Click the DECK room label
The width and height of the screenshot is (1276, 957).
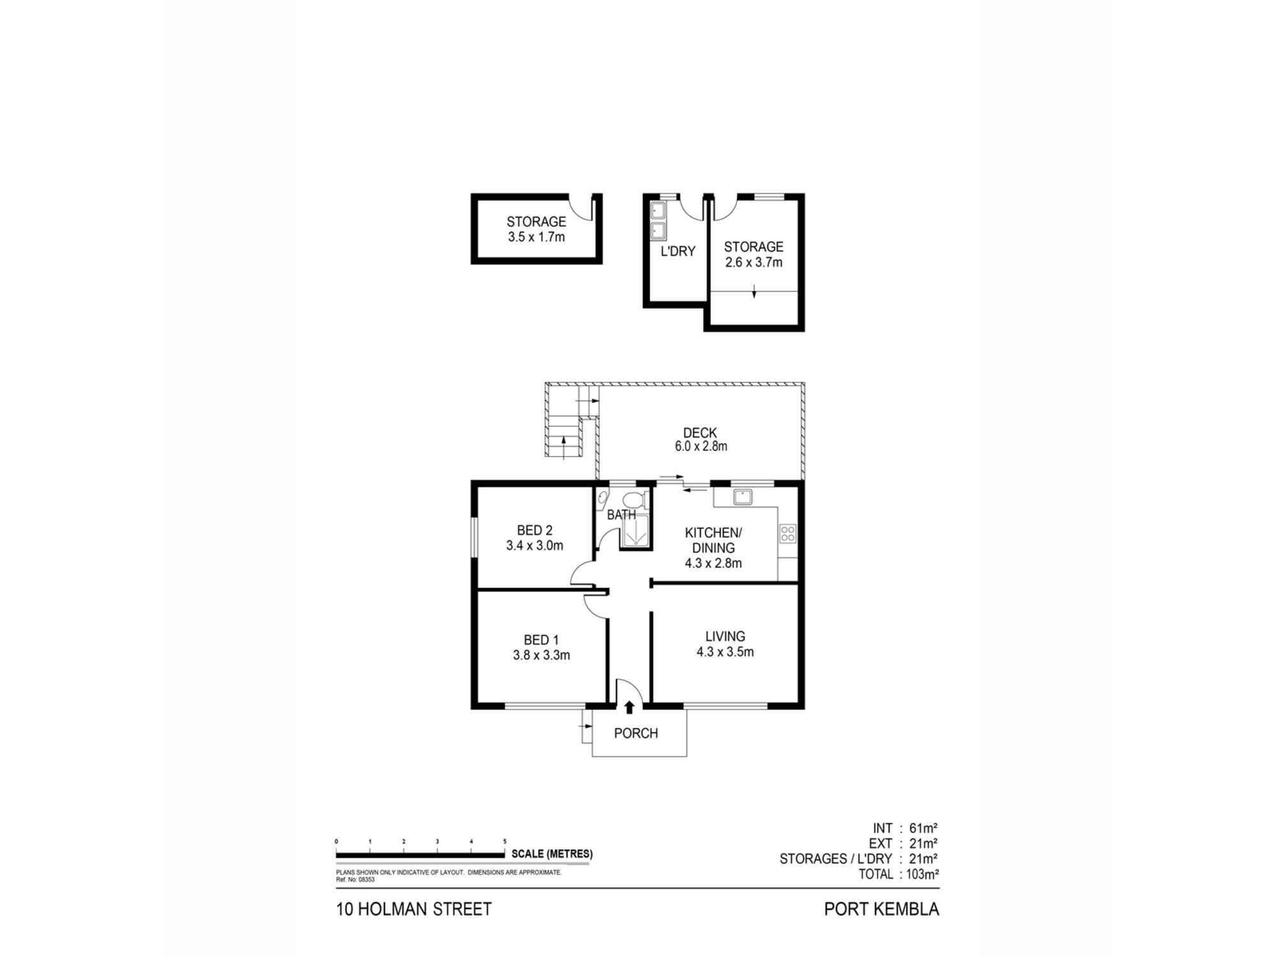click(x=700, y=433)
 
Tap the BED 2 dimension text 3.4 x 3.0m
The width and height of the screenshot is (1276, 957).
click(x=535, y=545)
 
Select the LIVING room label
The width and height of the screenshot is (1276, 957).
click(x=725, y=636)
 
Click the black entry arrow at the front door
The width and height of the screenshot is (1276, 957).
click(x=629, y=707)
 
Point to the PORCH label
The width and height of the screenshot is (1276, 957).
click(x=635, y=733)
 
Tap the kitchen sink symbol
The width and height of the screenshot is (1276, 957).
click(x=743, y=496)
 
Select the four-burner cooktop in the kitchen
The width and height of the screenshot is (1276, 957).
click(x=788, y=533)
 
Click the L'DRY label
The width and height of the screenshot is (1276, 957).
click(x=678, y=251)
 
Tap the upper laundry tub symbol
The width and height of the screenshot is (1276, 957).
click(x=658, y=210)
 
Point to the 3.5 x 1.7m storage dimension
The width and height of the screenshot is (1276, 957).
click(x=536, y=237)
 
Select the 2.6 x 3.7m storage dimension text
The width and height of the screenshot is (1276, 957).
click(x=753, y=262)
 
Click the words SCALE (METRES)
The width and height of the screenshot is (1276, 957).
click(x=552, y=854)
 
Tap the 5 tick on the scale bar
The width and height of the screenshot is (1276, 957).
click(x=505, y=842)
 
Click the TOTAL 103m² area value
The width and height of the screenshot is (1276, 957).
click(x=921, y=874)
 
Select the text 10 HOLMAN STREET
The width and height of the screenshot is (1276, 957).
click(x=413, y=909)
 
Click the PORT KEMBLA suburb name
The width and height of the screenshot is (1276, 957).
click(x=881, y=909)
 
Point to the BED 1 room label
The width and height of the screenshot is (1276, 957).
click(x=541, y=640)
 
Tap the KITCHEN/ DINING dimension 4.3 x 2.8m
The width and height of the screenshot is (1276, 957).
click(x=713, y=563)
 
